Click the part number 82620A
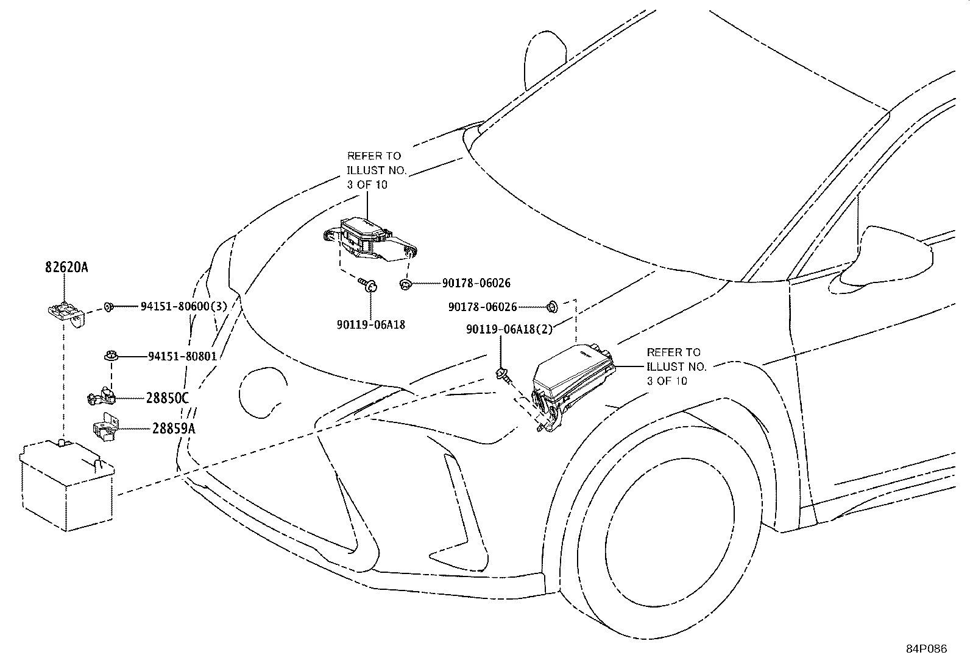coord(66,267)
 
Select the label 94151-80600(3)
coord(183,306)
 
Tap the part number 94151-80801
coord(182,357)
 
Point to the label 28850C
coord(167,398)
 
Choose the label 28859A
coord(173,429)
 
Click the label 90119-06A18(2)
coord(509,329)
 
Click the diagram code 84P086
coord(926,649)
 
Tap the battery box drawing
coord(67,485)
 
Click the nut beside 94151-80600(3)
coord(108,307)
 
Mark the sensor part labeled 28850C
coord(102,396)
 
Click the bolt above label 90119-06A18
coord(367,284)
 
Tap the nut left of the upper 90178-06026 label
coord(405,284)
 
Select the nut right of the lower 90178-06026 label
coord(553,307)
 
